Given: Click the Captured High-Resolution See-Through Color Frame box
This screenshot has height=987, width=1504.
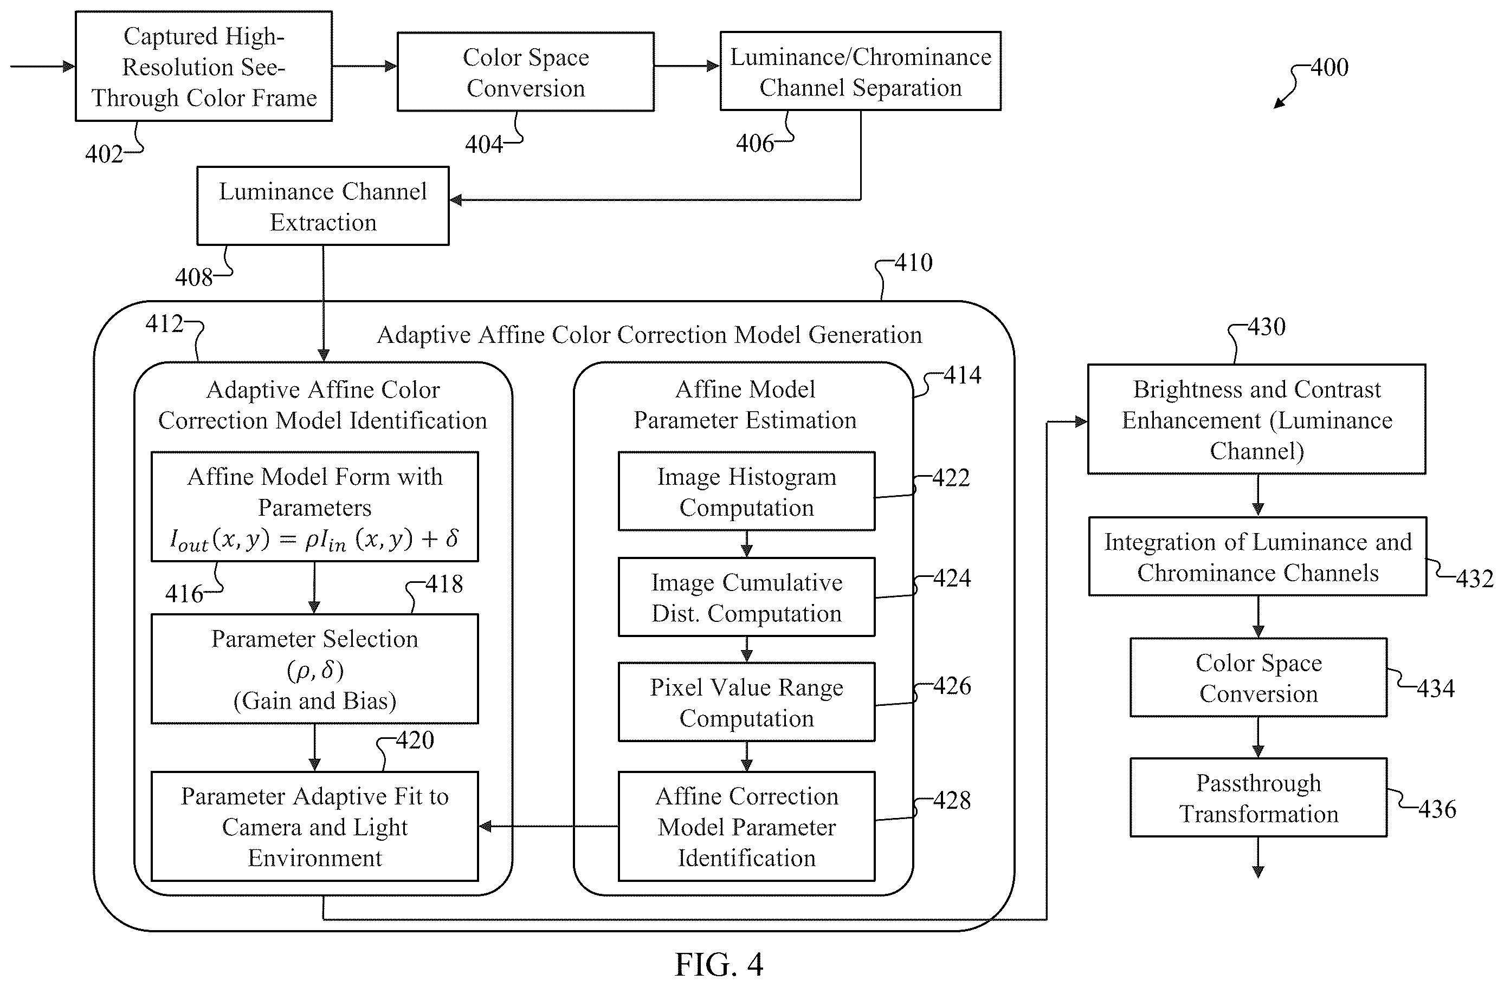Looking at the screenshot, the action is (x=203, y=66).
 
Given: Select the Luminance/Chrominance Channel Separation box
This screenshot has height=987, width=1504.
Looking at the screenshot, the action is (x=860, y=72).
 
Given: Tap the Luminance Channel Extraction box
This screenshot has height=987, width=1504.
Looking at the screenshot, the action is (x=323, y=206).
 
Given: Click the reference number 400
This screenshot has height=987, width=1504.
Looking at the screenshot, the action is (x=1329, y=68).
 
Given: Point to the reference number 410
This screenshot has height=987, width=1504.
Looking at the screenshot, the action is (x=913, y=263).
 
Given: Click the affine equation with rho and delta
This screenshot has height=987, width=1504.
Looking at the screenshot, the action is (x=314, y=540).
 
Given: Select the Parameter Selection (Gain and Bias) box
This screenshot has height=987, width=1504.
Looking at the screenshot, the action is (x=314, y=668).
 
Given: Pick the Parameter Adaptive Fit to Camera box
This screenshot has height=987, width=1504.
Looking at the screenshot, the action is (x=314, y=826).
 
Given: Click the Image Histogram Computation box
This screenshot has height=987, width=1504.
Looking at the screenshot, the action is (x=746, y=491).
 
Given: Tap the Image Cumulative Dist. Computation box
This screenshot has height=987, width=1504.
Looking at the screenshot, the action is (x=746, y=597).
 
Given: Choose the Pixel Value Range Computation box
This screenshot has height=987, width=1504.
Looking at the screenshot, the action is (x=746, y=702).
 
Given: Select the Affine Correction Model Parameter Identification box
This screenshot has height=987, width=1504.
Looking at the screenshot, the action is (x=746, y=826).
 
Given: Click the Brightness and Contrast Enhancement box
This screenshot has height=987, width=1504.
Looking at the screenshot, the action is (x=1256, y=419).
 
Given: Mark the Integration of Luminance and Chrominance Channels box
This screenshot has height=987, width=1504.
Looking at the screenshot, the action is (x=1257, y=556).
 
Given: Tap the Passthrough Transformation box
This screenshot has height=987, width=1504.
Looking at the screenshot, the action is (x=1258, y=797).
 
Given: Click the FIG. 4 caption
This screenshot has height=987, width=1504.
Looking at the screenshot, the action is (x=719, y=964).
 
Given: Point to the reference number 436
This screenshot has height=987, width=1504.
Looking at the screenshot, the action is (x=1437, y=809).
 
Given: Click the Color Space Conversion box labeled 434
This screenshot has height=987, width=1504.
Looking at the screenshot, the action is (x=1258, y=678).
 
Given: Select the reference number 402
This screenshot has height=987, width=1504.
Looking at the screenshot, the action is (x=104, y=154).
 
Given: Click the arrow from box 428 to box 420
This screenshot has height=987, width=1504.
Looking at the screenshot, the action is (x=548, y=826).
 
